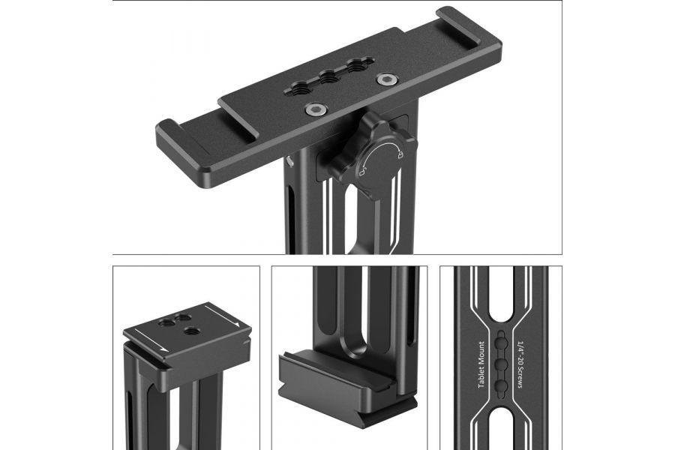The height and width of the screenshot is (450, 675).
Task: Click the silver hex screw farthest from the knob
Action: pyautogui.click(x=386, y=78)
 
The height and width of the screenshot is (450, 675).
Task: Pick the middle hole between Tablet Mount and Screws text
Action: pyautogui.click(x=501, y=363)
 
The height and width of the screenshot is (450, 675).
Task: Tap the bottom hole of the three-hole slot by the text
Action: pyautogui.click(x=501, y=385)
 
